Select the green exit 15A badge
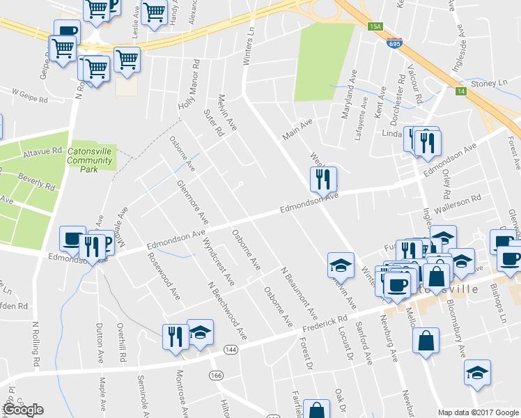(376, 26)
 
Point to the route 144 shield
(231, 348)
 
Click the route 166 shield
(217, 375)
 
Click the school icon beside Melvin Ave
(341, 265)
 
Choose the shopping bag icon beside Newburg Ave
(426, 341)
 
